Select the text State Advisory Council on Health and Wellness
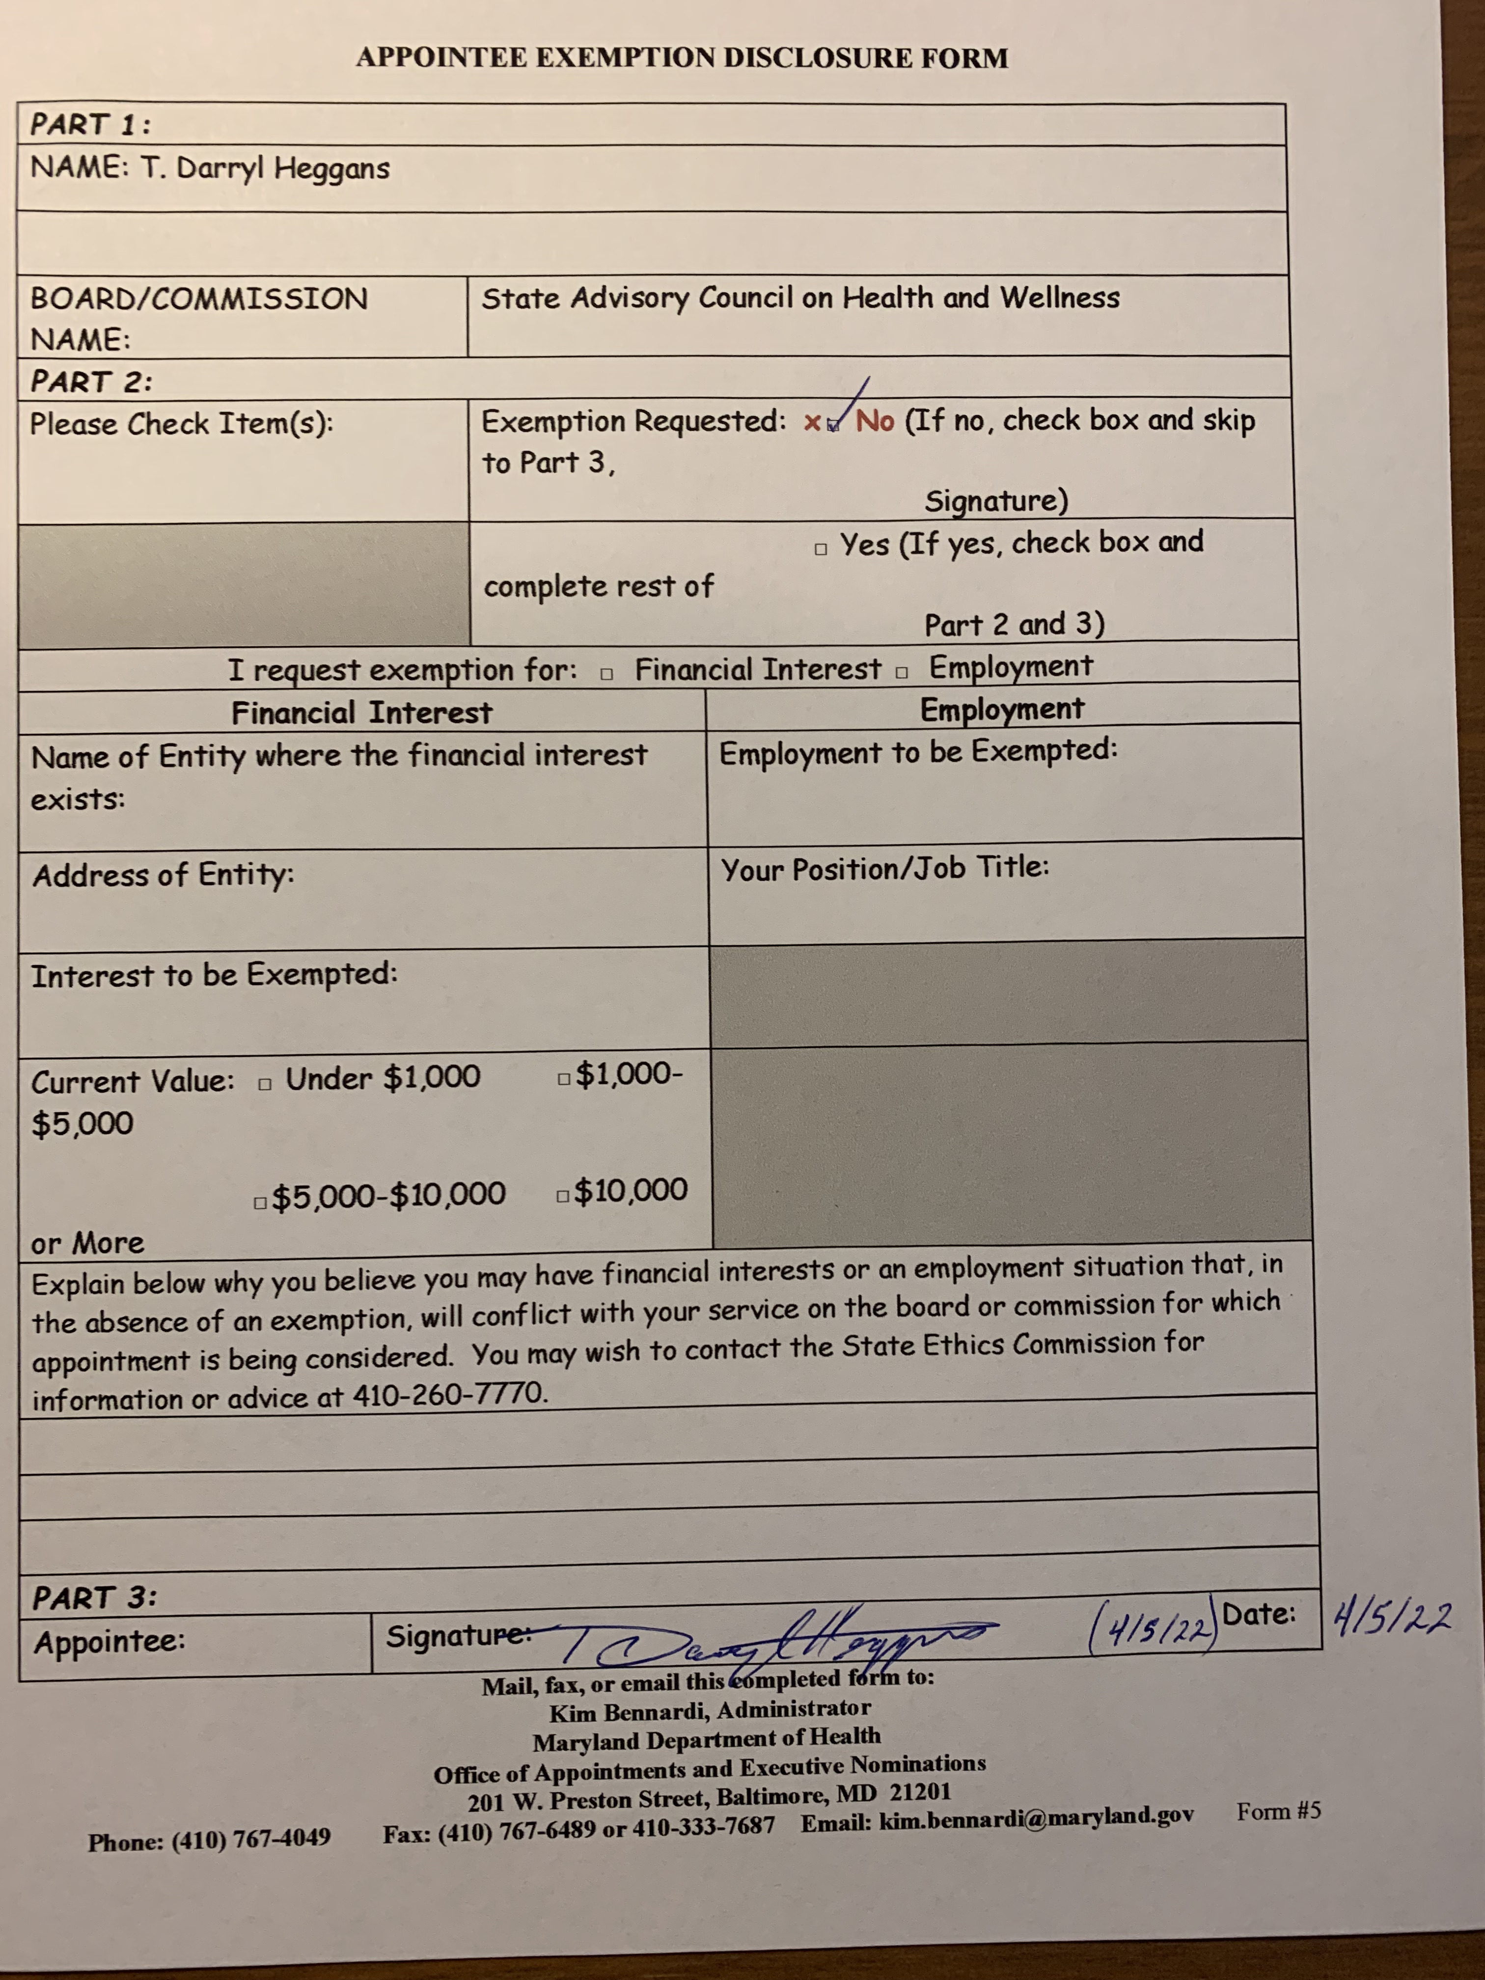800,297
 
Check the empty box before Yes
820,549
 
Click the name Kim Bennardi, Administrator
709,1710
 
